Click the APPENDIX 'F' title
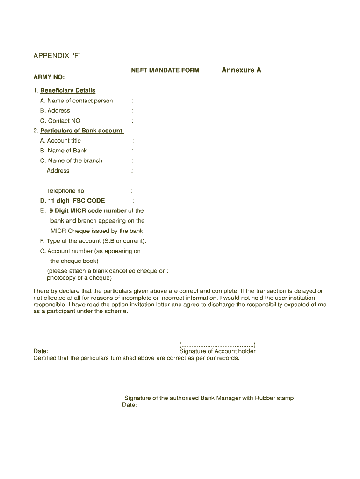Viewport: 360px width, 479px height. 57,56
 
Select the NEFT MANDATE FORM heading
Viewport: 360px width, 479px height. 165,70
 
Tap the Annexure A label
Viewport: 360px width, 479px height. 241,70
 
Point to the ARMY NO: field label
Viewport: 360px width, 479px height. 49,77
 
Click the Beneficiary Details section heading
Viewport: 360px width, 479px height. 68,90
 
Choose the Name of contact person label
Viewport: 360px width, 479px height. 80,101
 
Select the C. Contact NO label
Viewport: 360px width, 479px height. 60,121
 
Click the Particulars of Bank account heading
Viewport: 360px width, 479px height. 81,131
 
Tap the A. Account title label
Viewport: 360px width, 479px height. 60,141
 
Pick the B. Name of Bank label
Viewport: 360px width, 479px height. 64,151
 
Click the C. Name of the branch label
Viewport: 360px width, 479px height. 71,160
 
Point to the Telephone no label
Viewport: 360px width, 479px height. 65,191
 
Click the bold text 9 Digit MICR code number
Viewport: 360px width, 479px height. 88,210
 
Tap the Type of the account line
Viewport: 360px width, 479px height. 94,241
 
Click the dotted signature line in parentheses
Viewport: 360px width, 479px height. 217,345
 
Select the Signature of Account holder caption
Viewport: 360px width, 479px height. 217,351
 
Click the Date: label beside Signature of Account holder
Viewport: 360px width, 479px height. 41,351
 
